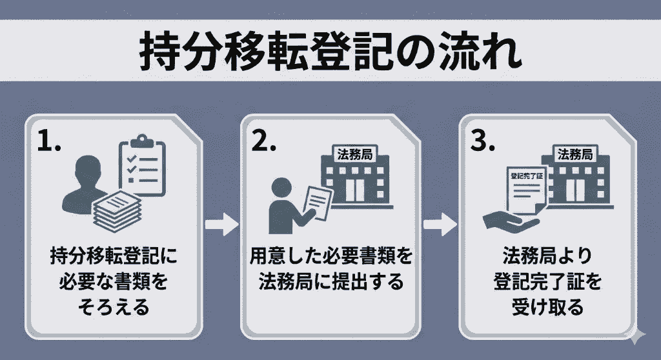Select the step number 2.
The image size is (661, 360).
coord(263,143)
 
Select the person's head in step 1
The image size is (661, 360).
coord(87,169)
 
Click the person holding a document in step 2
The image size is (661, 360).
coord(284,200)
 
